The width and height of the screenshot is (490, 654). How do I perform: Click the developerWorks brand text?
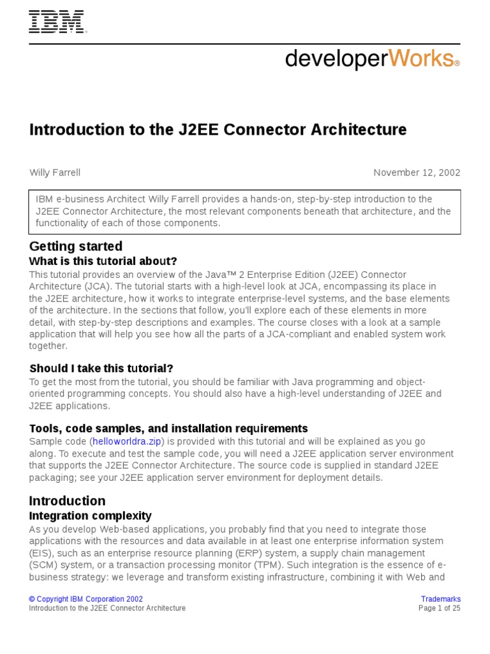(x=372, y=59)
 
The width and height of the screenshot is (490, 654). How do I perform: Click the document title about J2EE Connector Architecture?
(x=218, y=130)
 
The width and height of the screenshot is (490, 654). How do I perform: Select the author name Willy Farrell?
(x=55, y=172)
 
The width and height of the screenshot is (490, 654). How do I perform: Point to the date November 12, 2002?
(x=417, y=172)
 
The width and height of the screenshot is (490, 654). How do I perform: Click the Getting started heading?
(x=76, y=247)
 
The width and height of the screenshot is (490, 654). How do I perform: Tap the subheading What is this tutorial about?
(x=103, y=261)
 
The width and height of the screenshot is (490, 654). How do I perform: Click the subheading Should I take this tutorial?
(x=101, y=369)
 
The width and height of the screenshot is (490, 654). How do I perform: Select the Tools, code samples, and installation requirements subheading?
(x=168, y=429)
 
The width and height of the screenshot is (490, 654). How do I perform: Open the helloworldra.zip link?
(x=127, y=442)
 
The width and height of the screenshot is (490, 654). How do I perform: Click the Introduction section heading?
(x=67, y=501)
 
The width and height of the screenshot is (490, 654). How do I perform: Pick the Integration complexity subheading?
(x=91, y=515)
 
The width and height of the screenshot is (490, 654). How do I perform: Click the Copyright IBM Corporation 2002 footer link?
(x=86, y=599)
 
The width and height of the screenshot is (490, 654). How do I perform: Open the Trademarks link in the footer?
(x=441, y=599)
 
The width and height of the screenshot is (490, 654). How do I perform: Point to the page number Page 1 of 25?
(x=439, y=609)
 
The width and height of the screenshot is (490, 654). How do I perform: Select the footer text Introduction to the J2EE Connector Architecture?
(x=107, y=609)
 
